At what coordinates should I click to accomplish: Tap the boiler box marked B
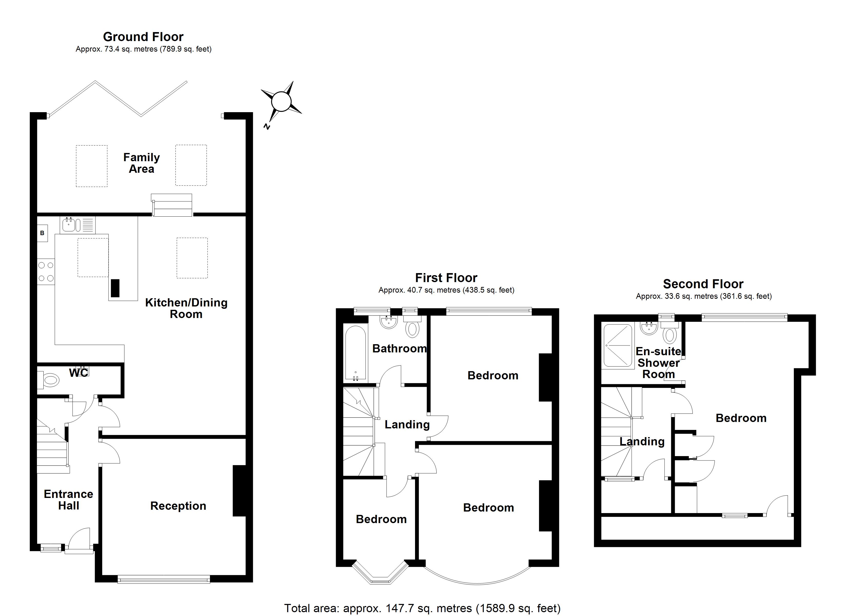click(42, 233)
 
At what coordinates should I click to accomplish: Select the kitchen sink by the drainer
click(69, 225)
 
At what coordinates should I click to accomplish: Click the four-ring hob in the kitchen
click(46, 272)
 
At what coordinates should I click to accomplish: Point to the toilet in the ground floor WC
click(50, 381)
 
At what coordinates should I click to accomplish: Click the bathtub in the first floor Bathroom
click(355, 353)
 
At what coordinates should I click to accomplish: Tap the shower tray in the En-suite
click(618, 345)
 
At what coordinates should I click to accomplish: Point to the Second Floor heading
click(703, 284)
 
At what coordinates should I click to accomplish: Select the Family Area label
click(141, 163)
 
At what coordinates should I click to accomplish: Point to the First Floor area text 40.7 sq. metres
click(446, 290)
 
